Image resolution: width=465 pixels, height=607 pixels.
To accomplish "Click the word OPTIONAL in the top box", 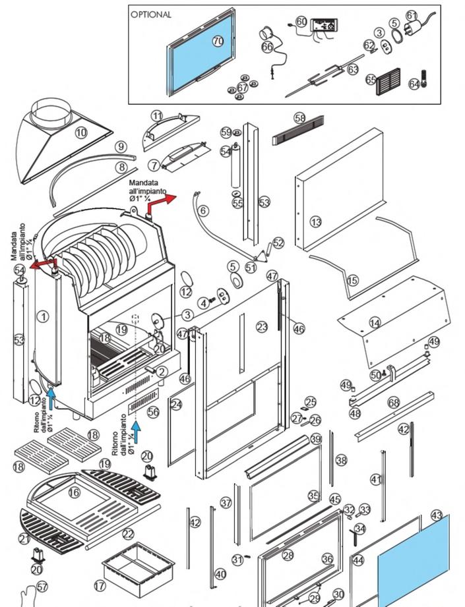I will click(151, 14).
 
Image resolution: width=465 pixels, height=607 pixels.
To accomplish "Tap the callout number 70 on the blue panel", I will click(218, 41).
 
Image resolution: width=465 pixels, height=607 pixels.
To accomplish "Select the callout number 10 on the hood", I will click(81, 132).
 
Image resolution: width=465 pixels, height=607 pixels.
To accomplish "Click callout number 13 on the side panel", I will click(316, 221).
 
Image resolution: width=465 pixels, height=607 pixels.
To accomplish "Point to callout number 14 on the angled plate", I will click(375, 323).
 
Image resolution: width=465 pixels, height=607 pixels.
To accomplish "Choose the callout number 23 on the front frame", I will click(263, 326).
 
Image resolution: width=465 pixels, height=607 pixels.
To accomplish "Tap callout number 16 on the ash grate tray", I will click(74, 492).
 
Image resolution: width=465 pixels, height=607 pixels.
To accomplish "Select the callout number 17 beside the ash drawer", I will click(100, 585).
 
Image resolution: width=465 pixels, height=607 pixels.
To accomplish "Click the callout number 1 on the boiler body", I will click(43, 317).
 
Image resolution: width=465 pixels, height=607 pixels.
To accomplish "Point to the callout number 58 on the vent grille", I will click(300, 118).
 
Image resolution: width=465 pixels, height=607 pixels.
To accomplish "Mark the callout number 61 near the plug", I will click(412, 14).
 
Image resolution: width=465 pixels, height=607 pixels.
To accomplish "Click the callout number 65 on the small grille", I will click(371, 79).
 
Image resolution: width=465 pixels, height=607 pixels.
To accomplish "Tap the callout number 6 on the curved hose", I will click(203, 210).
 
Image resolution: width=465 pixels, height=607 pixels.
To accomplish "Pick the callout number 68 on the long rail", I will click(394, 401).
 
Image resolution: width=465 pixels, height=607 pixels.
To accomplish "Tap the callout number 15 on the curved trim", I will click(353, 280).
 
